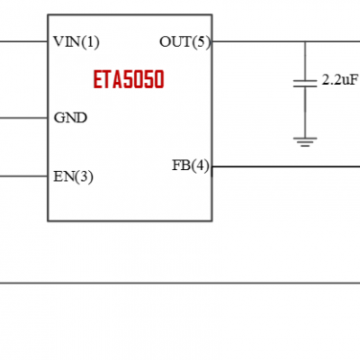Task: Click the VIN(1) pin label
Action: click(76, 41)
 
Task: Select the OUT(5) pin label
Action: click(184, 41)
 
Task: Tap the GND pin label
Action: click(70, 118)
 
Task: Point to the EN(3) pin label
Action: click(73, 176)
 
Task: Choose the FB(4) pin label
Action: click(190, 166)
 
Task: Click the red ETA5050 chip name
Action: click(129, 80)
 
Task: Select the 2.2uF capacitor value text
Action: click(340, 81)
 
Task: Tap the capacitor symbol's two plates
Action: click(305, 83)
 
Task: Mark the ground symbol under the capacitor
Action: click(305, 139)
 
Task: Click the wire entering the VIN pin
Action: click(22, 41)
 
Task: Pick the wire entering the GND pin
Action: click(22, 118)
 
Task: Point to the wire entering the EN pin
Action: click(22, 176)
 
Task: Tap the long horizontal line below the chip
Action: click(180, 283)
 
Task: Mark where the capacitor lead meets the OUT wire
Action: click(305, 41)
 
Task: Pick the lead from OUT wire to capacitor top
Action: click(305, 60)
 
